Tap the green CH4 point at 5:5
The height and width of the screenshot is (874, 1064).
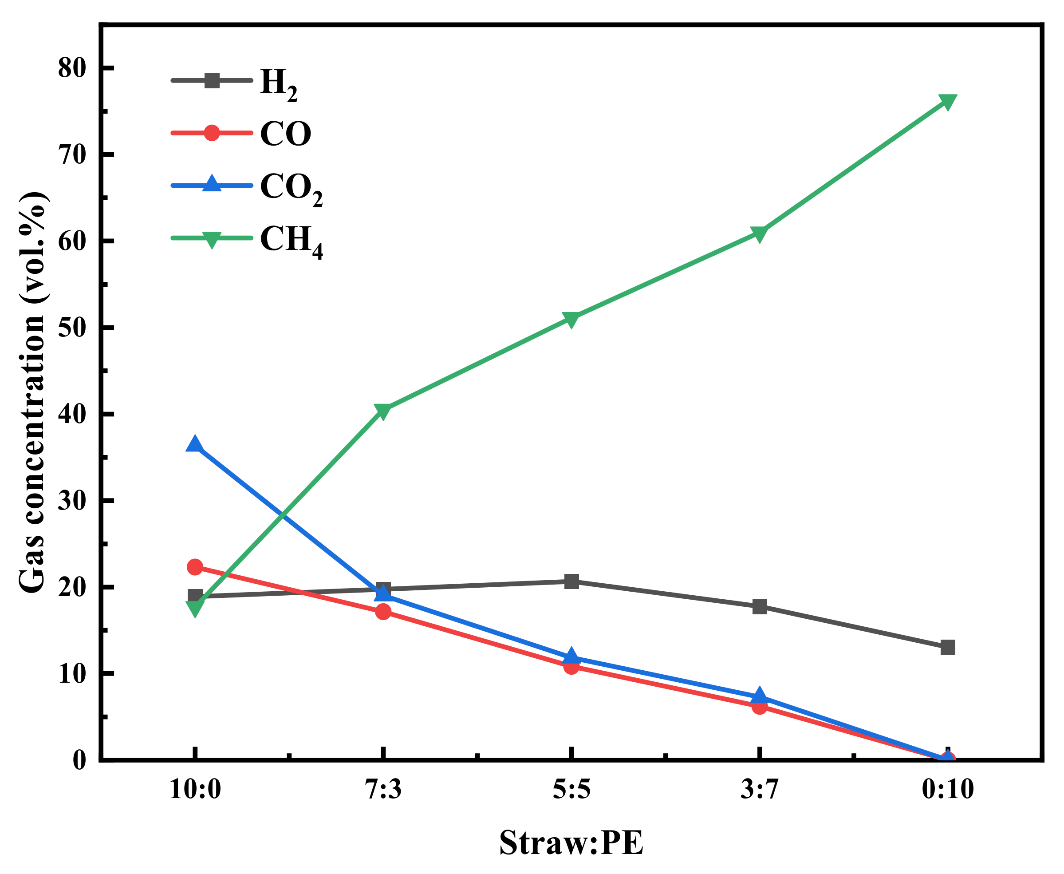[x=571, y=319]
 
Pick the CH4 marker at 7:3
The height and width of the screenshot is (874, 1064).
[x=383, y=411]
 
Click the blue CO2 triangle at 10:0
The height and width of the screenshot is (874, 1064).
[x=195, y=445]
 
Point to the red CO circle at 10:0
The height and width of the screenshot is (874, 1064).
[x=195, y=567]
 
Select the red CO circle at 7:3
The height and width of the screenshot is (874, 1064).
[x=383, y=612]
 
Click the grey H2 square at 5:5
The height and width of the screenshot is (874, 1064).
[x=571, y=581]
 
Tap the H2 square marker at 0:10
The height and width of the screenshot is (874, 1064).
[x=947, y=647]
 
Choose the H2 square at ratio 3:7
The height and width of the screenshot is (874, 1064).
[x=759, y=606]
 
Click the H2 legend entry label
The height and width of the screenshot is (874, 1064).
[x=278, y=83]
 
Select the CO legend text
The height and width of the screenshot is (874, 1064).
[x=285, y=134]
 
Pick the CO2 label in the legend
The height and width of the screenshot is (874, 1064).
[x=291, y=188]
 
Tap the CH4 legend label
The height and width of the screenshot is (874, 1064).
[x=291, y=241]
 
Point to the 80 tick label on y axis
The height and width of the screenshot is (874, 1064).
[x=72, y=68]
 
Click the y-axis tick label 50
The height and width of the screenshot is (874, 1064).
[x=72, y=328]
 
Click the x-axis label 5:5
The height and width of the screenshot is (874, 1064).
[x=571, y=789]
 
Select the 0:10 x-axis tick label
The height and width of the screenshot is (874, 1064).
[x=947, y=789]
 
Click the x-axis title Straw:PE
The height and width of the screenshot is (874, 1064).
[x=571, y=842]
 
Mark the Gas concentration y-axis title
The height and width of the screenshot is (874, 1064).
[x=32, y=393]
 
